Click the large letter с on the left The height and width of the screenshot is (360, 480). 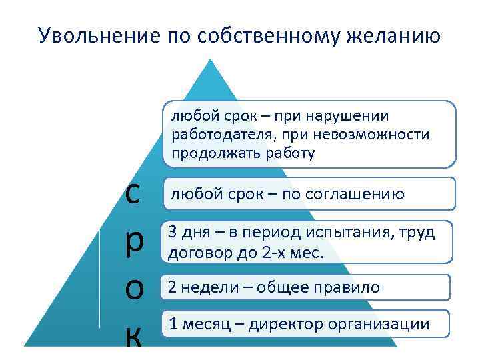(133, 193)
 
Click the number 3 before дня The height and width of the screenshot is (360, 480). (173, 233)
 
